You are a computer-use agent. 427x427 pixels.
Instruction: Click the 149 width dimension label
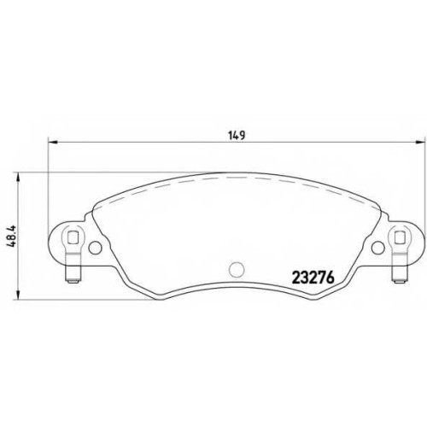click(237, 135)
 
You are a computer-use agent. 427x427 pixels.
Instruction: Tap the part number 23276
click(313, 278)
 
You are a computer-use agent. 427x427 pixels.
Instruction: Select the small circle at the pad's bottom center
click(237, 269)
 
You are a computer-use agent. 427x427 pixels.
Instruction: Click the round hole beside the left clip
click(95, 248)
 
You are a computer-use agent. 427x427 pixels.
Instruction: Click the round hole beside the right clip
click(378, 248)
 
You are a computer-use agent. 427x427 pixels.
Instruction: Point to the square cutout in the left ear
click(73, 237)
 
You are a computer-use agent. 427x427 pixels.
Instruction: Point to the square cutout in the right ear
click(400, 237)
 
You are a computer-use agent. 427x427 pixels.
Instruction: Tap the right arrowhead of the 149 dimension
click(419, 142)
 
